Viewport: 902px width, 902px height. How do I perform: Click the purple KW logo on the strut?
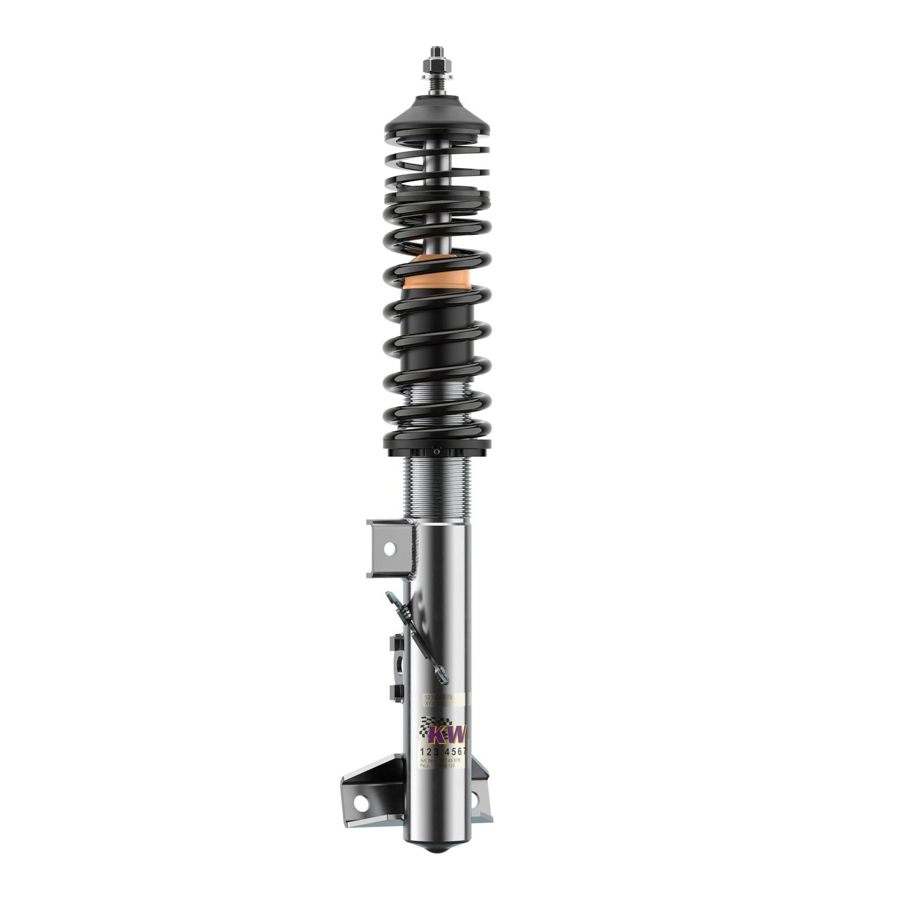click(450, 735)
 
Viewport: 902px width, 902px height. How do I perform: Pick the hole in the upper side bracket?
click(389, 549)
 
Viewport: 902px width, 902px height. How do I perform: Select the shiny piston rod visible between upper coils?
click(437, 196)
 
